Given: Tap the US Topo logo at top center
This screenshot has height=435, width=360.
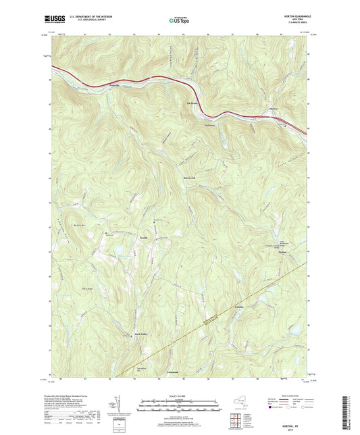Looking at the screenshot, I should click(x=179, y=21).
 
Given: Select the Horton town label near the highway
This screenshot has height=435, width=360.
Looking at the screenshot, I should click(x=273, y=107).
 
